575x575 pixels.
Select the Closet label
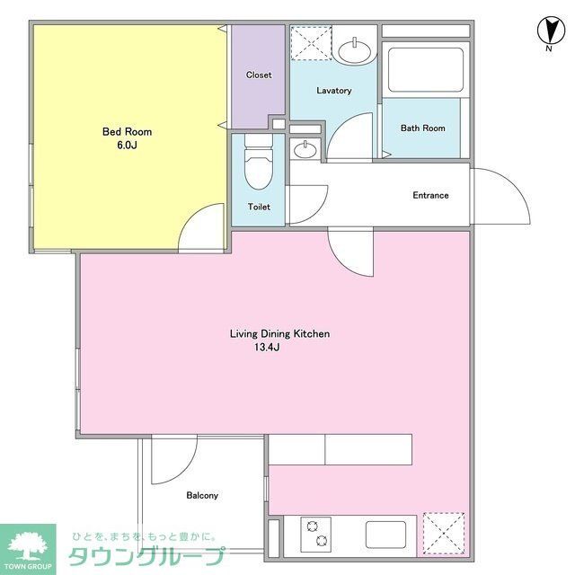[x=259, y=75]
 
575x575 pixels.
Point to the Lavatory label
[x=333, y=91]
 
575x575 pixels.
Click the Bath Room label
[x=422, y=128]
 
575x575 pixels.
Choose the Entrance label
[x=430, y=196]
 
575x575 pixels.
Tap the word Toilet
[x=259, y=207]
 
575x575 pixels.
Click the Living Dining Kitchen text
[x=279, y=333]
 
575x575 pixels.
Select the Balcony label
[x=202, y=495]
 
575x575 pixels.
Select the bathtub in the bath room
[x=424, y=69]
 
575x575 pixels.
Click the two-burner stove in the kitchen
[x=315, y=535]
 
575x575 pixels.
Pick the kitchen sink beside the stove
[x=388, y=535]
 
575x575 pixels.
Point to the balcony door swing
[x=171, y=458]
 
